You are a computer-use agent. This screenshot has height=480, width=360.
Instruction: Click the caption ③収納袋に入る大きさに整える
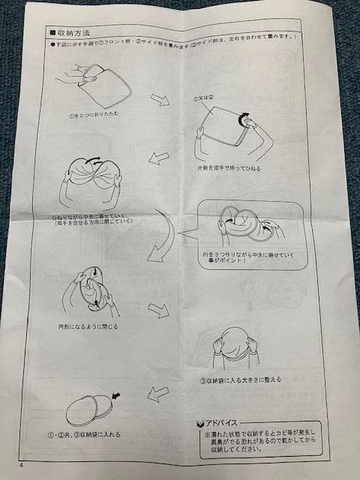coord(241,379)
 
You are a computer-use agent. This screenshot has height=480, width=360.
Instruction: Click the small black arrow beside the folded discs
coord(115,394)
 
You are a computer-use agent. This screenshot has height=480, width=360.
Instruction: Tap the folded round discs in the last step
coord(88,410)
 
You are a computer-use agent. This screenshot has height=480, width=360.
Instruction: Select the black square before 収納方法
coord(52,33)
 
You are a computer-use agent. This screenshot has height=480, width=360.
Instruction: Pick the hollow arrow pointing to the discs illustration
coord(157,393)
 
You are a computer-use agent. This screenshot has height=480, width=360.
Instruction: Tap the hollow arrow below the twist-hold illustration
coord(158,158)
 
